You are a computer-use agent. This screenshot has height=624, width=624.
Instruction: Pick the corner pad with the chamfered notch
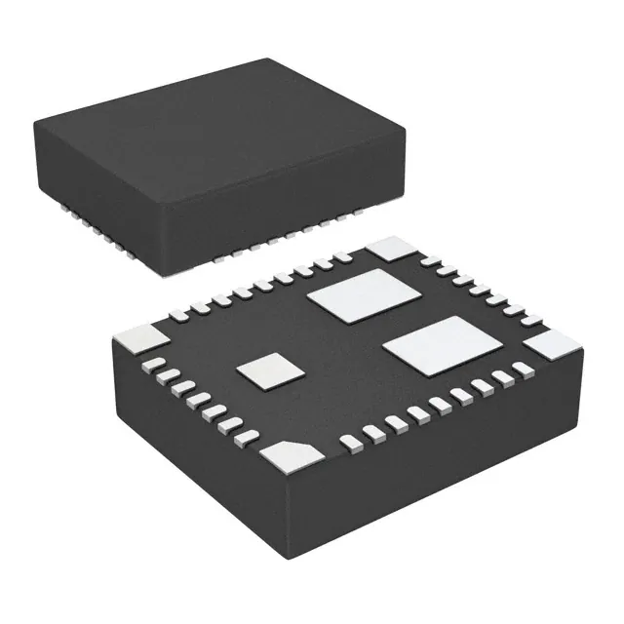(290, 453)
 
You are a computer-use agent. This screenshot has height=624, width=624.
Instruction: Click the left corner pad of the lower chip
(140, 339)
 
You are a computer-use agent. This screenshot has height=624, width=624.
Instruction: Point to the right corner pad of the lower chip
(554, 343)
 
